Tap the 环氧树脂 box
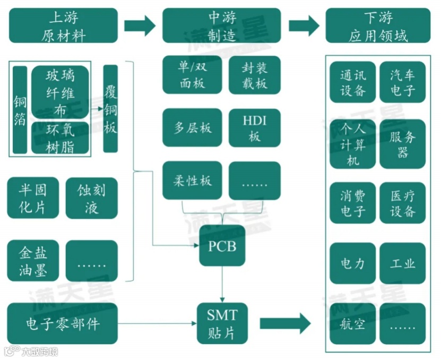60,138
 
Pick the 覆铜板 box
110,109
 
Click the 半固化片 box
33,198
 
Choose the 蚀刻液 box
91,198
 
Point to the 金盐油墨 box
33,261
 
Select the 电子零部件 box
63,323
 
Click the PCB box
222,246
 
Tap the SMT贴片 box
222,323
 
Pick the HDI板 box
254,127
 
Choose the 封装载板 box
254,75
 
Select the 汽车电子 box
402,82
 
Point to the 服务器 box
402,144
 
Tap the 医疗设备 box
402,203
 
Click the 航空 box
352,323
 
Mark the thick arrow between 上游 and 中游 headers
140,25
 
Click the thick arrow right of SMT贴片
285,323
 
